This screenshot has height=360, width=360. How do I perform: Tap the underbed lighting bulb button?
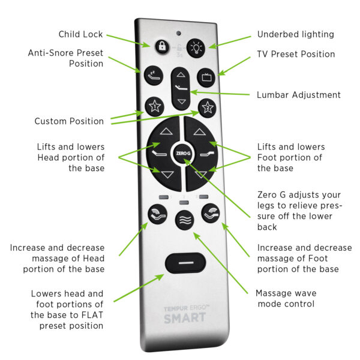(x=196, y=48)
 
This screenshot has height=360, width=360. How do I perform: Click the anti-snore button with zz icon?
(x=153, y=76)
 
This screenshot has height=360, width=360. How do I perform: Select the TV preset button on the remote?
(x=206, y=78)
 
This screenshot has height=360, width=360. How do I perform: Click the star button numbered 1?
(x=153, y=107)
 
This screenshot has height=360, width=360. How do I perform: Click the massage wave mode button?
(x=184, y=219)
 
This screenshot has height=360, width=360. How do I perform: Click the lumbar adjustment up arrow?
(x=181, y=76)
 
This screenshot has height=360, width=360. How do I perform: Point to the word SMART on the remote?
(x=184, y=317)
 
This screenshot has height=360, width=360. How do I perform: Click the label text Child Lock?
(x=81, y=34)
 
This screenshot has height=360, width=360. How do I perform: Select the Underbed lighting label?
(x=295, y=34)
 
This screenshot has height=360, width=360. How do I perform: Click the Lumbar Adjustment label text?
(x=299, y=95)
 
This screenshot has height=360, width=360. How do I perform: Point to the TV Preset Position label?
(x=296, y=54)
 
